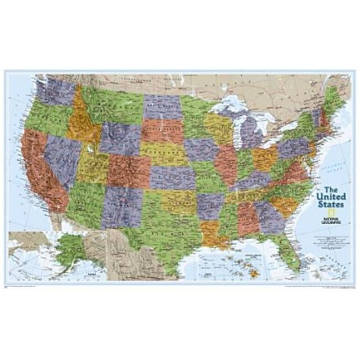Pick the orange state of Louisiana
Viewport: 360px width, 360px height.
(210, 233)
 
